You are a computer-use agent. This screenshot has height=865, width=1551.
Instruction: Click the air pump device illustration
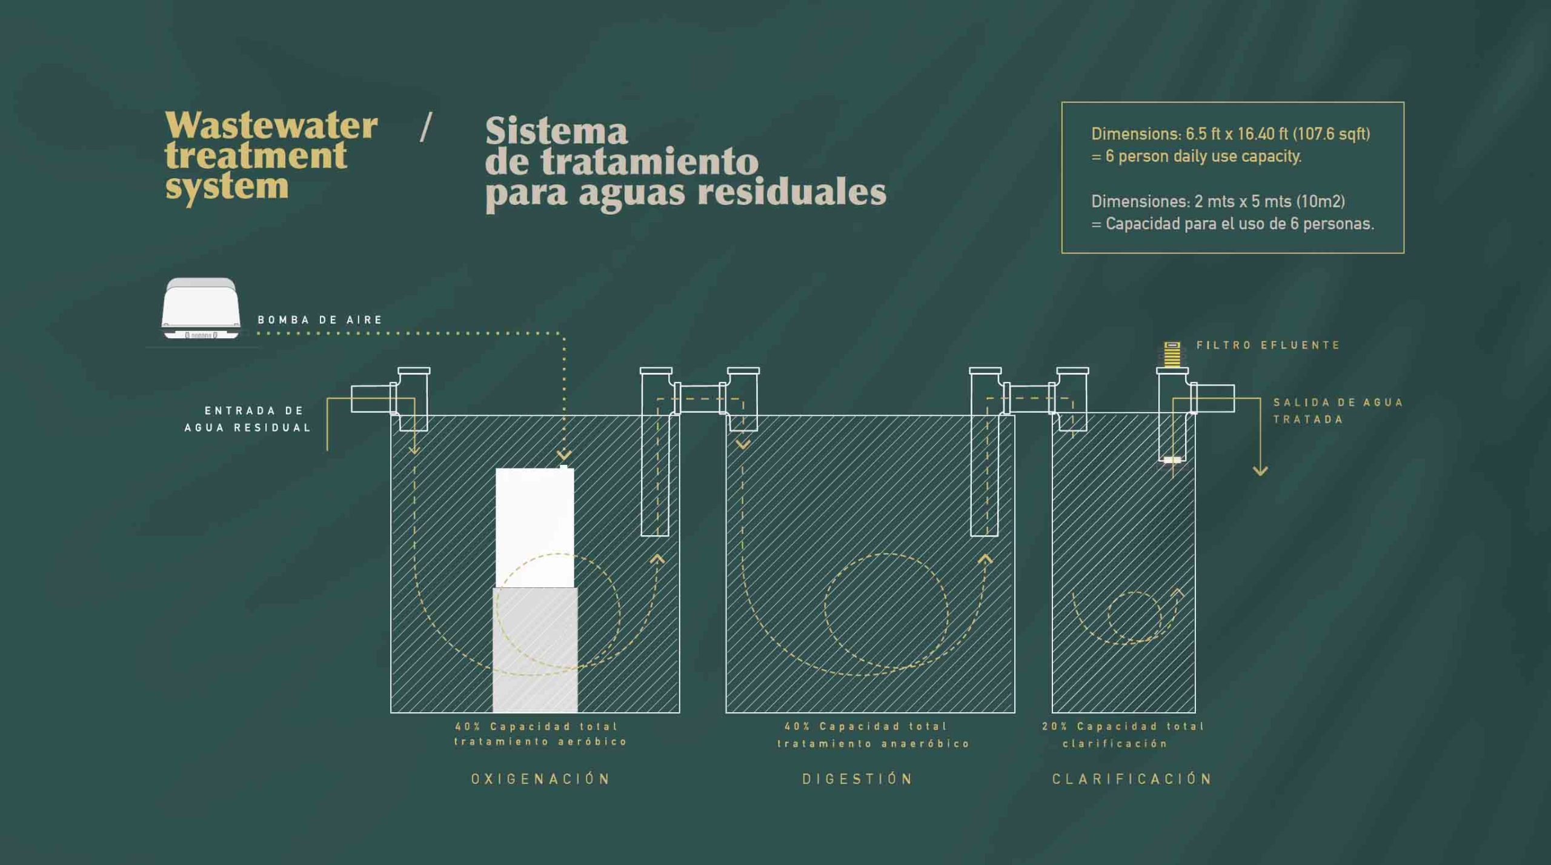coord(201,309)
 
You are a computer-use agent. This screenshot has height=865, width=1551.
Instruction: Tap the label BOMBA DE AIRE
coord(320,320)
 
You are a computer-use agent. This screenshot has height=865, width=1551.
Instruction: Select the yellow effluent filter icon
coord(1172,355)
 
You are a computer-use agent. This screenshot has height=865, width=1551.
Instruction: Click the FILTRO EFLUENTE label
coord(1268,345)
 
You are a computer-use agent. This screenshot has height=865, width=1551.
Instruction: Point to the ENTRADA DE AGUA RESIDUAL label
coord(248,419)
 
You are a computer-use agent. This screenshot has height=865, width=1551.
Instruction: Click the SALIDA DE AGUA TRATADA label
coord(1338,410)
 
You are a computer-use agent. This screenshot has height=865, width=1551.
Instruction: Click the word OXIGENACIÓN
coord(540,778)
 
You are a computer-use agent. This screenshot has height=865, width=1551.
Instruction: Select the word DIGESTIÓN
coord(857,778)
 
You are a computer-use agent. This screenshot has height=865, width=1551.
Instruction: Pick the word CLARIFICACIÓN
coord(1132,778)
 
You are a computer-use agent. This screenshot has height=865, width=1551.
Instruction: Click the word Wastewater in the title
coord(271,126)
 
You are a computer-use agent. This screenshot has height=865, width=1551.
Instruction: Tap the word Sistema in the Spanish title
coord(556,132)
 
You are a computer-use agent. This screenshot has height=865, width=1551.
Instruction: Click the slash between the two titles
coord(426,127)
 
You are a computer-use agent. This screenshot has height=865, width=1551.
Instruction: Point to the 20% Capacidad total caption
coord(1123,726)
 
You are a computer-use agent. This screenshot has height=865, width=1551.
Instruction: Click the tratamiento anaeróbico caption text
coord(874,743)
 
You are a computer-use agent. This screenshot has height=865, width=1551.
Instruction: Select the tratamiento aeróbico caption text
coord(540,741)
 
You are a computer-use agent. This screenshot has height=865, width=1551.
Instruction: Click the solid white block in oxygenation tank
coord(534,527)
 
